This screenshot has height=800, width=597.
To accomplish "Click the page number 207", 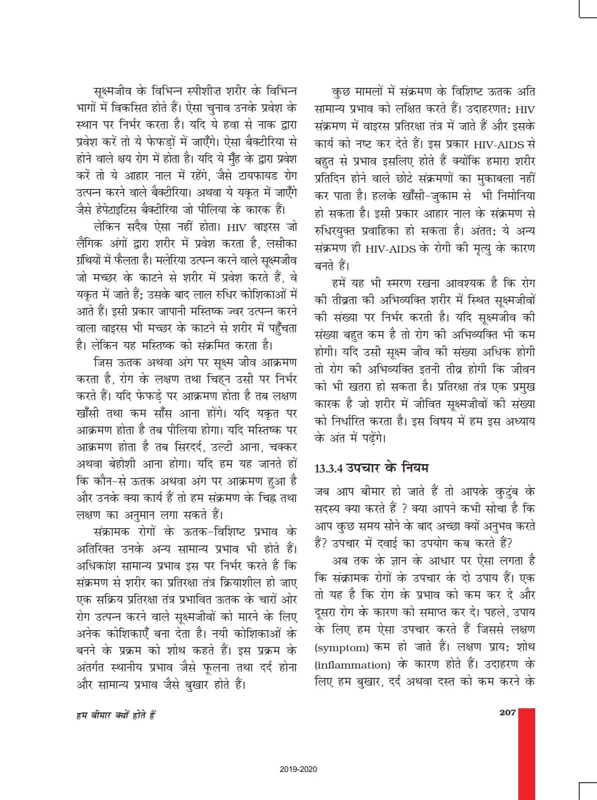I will coord(508,713).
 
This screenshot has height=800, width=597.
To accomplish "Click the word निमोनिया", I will coord(515,196).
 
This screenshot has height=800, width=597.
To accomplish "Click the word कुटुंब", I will coord(509,492).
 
